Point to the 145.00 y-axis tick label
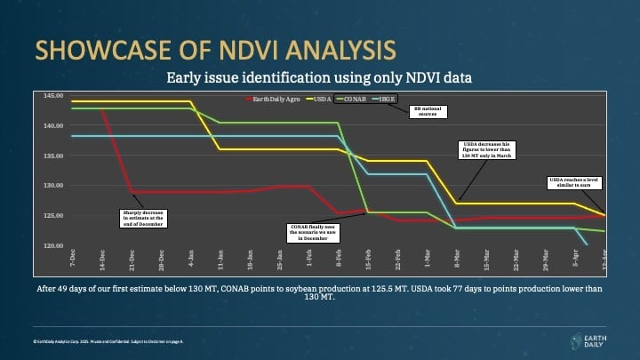53,95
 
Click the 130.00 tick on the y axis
53,185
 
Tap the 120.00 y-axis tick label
53,245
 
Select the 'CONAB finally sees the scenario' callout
313,233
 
